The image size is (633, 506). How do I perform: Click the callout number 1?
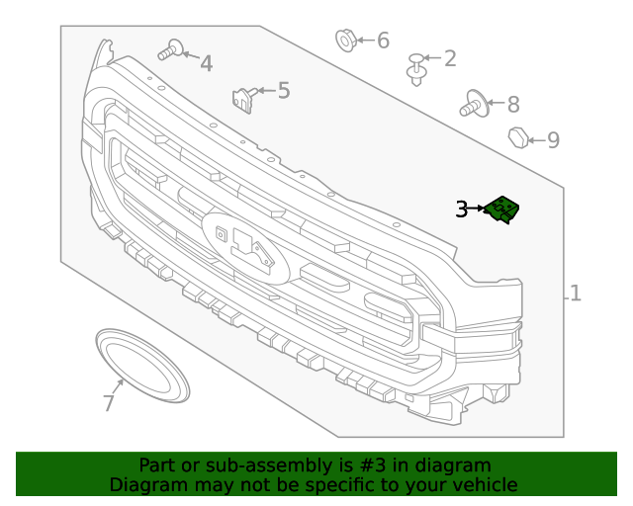point(575,294)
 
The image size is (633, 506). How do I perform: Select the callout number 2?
point(450,58)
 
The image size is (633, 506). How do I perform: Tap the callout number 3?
point(462,209)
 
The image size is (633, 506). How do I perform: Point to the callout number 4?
point(206,64)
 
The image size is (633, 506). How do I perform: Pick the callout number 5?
point(284,91)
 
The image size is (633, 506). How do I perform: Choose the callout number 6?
point(383,41)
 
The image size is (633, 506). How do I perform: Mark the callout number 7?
point(109,403)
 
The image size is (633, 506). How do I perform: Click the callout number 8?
point(512,104)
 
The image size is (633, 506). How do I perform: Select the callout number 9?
point(553,140)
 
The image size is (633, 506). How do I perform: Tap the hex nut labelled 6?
point(345,41)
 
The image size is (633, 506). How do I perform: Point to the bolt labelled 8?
point(473,103)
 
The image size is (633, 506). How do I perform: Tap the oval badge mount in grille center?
point(245,247)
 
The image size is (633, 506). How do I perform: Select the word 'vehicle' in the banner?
point(483,484)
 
